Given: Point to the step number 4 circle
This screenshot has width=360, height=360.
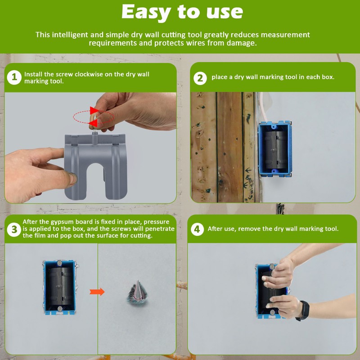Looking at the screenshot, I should pyautogui.click(x=197, y=229).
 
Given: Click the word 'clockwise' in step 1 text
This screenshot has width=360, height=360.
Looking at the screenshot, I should pyautogui.click(x=92, y=74).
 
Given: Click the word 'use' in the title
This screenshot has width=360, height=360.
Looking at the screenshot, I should pyautogui.click(x=224, y=12).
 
